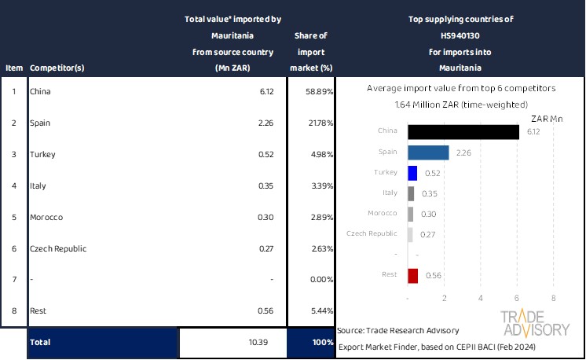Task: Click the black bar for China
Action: tap(463, 132)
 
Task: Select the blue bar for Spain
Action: tap(428, 152)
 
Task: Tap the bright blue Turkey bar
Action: tap(412, 173)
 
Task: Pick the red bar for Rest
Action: tap(413, 275)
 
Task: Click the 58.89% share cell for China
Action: tap(318, 92)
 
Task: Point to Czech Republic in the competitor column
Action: tap(58, 248)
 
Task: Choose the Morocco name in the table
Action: tap(46, 217)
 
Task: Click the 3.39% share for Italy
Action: tap(320, 186)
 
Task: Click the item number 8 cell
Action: tap(13, 311)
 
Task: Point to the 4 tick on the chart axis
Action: tap(481, 299)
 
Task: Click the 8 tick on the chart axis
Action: tap(554, 299)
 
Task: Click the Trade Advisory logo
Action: tap(536, 323)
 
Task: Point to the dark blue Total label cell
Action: tap(102, 343)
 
